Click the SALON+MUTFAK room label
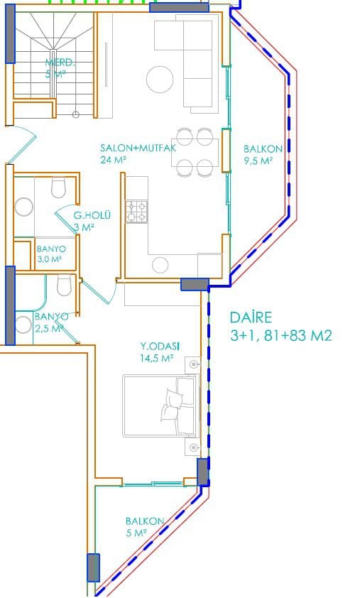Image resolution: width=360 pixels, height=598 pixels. (x=138, y=148)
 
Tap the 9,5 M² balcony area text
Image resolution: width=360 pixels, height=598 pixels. (x=258, y=161)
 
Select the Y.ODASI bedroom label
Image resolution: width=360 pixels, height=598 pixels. (x=160, y=347)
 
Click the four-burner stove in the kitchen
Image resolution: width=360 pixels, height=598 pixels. (x=137, y=212)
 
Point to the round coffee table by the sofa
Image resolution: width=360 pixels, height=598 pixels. (x=160, y=80)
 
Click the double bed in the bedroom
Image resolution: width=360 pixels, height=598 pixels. (x=160, y=406)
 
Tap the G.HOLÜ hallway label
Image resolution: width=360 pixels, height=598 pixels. (x=92, y=215)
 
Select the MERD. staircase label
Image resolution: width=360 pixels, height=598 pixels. (x=60, y=62)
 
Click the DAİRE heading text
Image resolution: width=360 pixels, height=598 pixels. (x=251, y=317)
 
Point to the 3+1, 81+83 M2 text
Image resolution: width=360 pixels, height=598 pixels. (x=281, y=336)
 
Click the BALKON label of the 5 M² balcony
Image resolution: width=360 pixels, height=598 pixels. (x=145, y=521)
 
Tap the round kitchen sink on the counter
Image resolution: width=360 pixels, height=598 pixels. (x=160, y=265)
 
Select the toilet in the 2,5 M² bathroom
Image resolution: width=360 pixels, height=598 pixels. (x=64, y=286)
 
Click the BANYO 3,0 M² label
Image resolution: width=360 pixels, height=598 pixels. (x=51, y=254)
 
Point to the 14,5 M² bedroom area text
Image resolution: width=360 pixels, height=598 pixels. (x=157, y=358)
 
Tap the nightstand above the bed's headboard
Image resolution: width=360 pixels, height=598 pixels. (x=192, y=365)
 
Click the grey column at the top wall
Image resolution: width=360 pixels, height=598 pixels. (x=179, y=7)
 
